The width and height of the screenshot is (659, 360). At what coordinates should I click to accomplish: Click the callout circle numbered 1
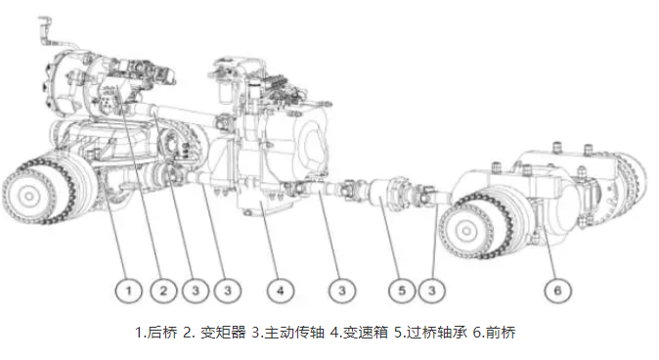click(129, 291)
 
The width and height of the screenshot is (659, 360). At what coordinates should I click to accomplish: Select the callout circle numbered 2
click(163, 291)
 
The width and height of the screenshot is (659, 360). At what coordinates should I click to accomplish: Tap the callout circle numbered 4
click(281, 291)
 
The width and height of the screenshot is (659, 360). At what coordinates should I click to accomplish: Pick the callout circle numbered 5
click(402, 291)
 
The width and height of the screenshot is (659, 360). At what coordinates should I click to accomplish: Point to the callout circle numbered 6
click(557, 291)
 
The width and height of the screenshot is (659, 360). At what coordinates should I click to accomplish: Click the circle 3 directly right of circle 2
click(196, 291)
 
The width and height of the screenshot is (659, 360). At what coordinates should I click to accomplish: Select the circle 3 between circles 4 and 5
click(342, 291)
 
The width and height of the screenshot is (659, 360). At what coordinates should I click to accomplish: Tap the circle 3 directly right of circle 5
click(431, 291)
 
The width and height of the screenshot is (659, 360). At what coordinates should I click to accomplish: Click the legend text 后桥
click(162, 333)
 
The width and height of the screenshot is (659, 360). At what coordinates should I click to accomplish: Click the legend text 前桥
click(501, 333)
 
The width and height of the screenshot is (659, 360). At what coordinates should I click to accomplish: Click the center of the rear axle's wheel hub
click(28, 196)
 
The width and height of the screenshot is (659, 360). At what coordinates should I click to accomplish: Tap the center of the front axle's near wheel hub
click(465, 231)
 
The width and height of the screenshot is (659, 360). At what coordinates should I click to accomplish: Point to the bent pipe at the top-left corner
click(47, 30)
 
